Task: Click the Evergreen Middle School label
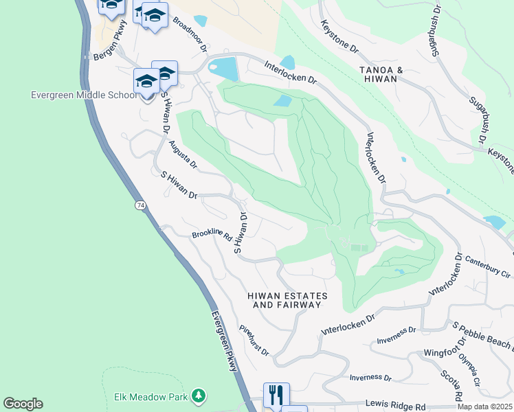point(84,95)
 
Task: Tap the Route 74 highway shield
point(140,205)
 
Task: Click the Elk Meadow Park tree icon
point(199,396)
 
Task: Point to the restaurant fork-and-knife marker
point(276,396)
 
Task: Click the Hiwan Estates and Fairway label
point(287,300)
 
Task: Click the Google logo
point(23,404)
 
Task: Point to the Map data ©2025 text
point(485,407)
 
